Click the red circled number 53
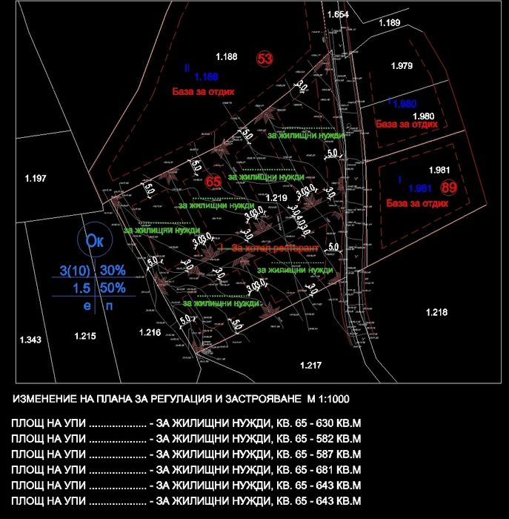pos(265,59)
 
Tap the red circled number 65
pos(213,181)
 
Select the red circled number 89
pos(449,188)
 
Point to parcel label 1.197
pos(36,178)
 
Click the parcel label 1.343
pos(30,340)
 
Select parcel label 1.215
pos(85,337)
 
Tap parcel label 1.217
pos(310,366)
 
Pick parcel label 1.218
pos(436,313)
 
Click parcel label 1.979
pos(401,67)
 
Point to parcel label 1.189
pos(389,23)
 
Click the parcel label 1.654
pos(337,15)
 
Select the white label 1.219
pos(275,198)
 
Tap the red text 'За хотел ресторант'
pos(275,247)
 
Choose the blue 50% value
pos(113,288)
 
